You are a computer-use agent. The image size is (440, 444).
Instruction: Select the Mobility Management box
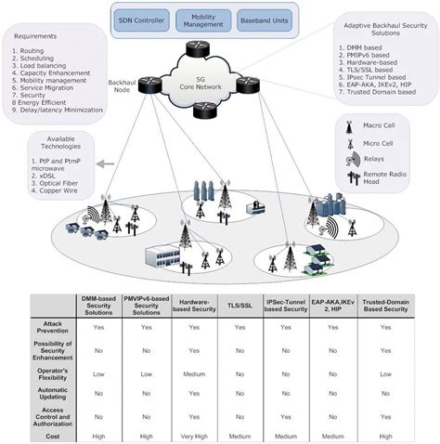click(x=212, y=18)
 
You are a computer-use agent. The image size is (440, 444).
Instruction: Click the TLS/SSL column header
click(x=240, y=307)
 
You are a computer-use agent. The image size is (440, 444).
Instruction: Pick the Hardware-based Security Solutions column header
click(x=192, y=307)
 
